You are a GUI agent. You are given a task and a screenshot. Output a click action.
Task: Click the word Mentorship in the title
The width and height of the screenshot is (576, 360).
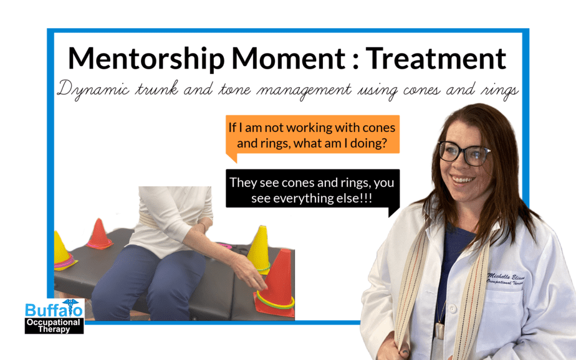(x=146, y=59)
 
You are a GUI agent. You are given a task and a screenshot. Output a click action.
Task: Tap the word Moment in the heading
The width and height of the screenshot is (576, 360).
(x=289, y=59)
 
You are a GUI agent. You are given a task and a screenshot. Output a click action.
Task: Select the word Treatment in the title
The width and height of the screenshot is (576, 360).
(x=436, y=59)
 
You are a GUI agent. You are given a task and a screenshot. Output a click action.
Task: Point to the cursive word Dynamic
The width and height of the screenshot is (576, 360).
(x=94, y=89)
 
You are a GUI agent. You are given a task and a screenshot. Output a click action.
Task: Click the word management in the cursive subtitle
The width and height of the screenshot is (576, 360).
(x=304, y=90)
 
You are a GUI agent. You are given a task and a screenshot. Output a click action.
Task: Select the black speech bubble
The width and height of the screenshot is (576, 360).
(x=312, y=191)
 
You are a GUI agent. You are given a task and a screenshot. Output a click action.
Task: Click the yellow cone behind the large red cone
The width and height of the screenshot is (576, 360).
(x=259, y=250)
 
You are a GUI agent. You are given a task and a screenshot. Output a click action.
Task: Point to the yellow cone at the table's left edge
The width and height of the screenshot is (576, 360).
(x=62, y=252)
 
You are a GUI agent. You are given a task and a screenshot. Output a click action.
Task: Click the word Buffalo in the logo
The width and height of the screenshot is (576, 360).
(x=54, y=310)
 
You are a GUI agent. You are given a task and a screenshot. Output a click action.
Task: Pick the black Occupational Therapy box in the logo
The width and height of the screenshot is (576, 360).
(x=54, y=326)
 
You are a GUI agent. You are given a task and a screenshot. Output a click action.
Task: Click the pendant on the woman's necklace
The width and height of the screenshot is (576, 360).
(x=439, y=331)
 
